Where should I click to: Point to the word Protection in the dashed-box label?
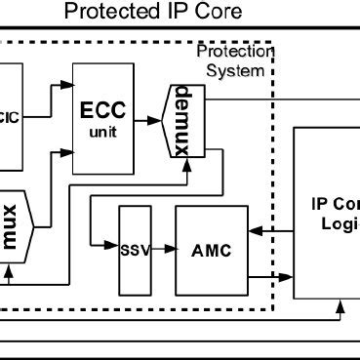pos(235,52)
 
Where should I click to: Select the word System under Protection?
pos(242,70)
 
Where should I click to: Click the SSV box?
pos(135,250)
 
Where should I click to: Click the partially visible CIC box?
pos(10,118)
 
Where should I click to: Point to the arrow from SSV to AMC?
pos(163,250)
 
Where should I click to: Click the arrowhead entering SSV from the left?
pos(112,250)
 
